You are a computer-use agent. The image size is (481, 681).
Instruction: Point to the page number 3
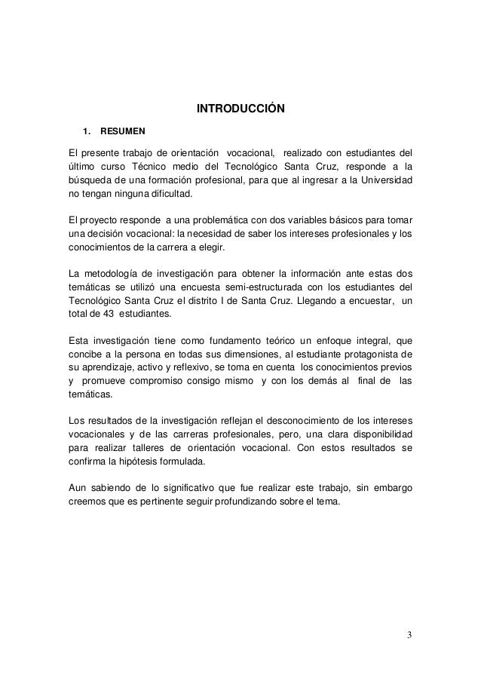point(408,632)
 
